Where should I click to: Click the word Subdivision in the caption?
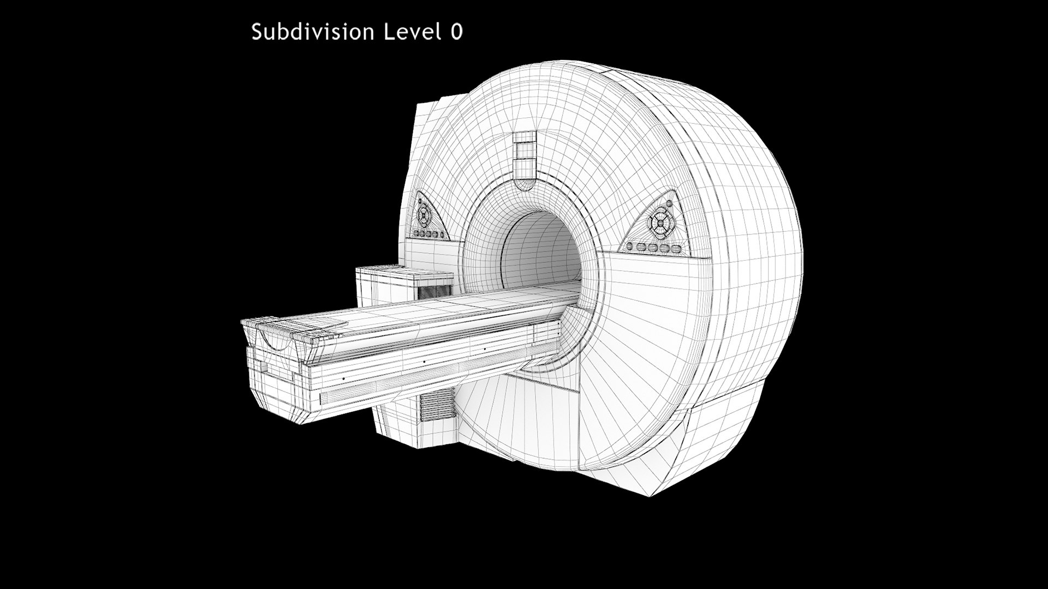(312, 32)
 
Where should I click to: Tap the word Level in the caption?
(413, 32)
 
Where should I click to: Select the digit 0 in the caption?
(457, 32)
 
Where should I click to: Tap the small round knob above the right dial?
(669, 203)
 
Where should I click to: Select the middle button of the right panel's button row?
(653, 248)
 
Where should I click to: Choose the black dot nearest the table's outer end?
(343, 378)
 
